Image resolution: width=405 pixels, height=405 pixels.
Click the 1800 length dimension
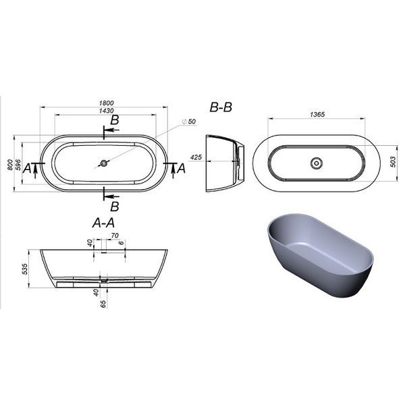tap(107, 103)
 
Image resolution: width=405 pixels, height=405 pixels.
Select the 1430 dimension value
tap(107, 111)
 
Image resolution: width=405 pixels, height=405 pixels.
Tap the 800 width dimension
tap(10, 165)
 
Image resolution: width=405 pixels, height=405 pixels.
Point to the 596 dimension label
tap(18, 165)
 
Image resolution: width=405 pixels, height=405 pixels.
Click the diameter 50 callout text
tap(189, 122)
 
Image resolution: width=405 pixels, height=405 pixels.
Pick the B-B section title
tap(221, 107)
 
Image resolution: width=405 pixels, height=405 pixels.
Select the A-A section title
tap(103, 223)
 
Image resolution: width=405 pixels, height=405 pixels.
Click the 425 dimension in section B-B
tap(196, 157)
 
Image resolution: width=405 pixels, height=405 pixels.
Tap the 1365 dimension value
tap(317, 114)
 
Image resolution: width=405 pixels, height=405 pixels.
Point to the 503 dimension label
tap(393, 162)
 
